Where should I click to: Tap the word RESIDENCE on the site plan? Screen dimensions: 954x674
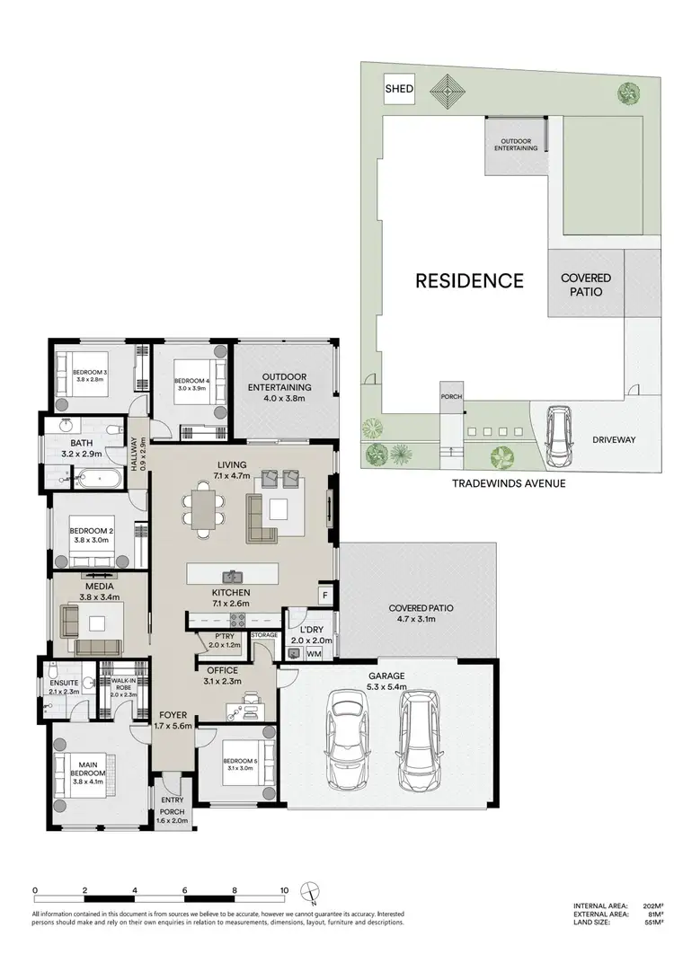468,280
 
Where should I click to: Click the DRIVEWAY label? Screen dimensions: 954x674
613,440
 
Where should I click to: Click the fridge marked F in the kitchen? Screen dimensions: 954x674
324,595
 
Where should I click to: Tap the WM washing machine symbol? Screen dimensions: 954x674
314,655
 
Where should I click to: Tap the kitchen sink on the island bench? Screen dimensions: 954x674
232,576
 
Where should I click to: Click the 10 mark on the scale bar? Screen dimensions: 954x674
284,891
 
